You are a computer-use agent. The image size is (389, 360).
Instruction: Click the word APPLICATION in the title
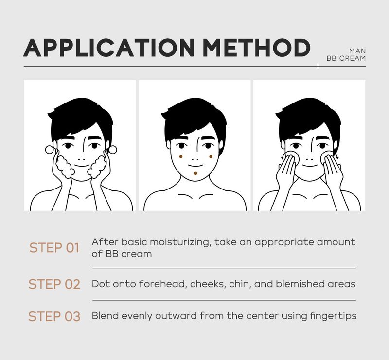[108, 48]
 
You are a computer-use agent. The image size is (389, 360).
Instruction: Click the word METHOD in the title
[257, 48]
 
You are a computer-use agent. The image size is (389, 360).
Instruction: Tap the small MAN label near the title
[357, 51]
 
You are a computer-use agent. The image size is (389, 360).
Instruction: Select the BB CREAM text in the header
[346, 58]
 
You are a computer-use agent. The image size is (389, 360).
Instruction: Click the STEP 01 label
[54, 248]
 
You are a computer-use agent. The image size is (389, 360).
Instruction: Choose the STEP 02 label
[54, 284]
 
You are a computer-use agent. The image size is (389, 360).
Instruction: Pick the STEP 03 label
[54, 316]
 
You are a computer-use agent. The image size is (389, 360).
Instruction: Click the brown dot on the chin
[196, 173]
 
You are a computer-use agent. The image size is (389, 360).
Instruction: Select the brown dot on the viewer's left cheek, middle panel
[181, 157]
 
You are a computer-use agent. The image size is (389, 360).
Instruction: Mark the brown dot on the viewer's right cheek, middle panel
[211, 157]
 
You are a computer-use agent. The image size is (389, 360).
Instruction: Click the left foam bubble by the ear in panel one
[49, 150]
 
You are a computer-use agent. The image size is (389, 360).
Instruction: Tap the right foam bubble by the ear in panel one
[113, 150]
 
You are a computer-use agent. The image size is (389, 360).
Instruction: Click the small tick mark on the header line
[318, 66]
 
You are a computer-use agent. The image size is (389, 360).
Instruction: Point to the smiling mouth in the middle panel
[195, 166]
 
